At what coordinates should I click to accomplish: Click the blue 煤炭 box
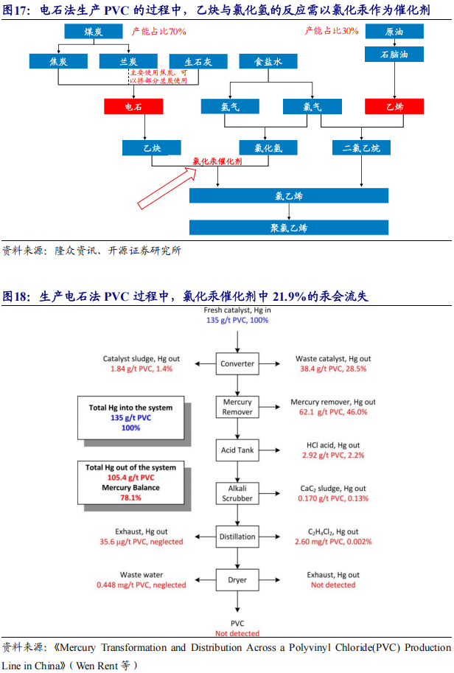93,32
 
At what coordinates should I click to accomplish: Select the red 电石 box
133,107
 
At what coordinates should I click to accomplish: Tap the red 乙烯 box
394,107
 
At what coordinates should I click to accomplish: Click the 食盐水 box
268,63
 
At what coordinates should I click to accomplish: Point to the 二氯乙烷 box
361,148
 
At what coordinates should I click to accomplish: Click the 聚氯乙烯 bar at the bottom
288,228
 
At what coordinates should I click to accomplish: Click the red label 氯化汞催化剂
217,161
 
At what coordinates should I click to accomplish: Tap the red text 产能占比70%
158,32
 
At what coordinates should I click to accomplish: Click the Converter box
237,363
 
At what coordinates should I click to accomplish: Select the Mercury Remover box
237,407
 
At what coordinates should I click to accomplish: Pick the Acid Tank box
237,450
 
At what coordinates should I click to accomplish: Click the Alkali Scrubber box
237,493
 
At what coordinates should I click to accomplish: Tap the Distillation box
237,537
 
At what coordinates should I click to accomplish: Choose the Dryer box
237,579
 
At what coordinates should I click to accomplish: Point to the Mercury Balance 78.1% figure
132,493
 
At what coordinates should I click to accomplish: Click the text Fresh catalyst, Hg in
237,311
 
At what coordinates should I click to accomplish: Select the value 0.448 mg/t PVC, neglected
141,585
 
